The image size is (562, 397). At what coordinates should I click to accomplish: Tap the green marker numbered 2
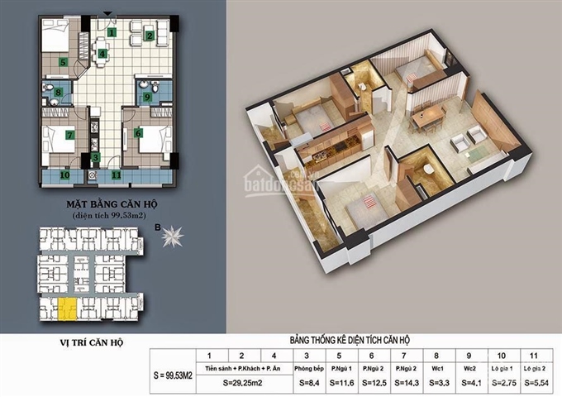(x=149, y=35)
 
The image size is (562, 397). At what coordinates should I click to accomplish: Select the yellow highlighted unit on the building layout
(x=64, y=310)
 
